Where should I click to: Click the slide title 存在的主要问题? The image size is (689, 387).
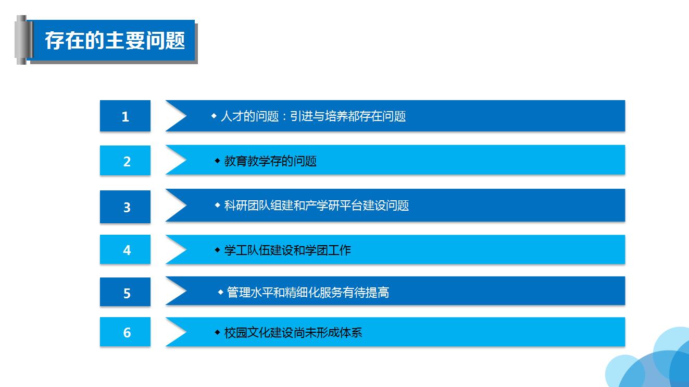115,40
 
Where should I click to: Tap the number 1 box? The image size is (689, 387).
125,116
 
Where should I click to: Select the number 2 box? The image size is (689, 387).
125,160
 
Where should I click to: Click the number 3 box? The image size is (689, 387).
125,207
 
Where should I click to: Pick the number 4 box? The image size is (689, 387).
125,249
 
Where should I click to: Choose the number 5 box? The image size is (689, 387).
125,292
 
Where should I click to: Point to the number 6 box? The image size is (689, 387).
125,332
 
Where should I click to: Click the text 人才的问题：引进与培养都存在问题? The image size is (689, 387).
313,116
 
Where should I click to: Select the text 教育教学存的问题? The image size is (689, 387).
270,161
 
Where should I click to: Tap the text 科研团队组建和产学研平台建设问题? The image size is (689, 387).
317,205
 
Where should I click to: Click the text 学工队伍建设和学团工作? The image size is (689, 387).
287,250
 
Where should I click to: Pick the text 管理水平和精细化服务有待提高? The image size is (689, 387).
308,293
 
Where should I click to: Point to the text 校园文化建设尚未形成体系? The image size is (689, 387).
293,333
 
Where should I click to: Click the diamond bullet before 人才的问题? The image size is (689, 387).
214,116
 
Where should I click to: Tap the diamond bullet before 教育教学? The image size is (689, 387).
218,161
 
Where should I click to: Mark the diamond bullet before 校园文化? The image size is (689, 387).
218,332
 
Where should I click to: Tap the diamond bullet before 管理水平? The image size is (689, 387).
220,292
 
